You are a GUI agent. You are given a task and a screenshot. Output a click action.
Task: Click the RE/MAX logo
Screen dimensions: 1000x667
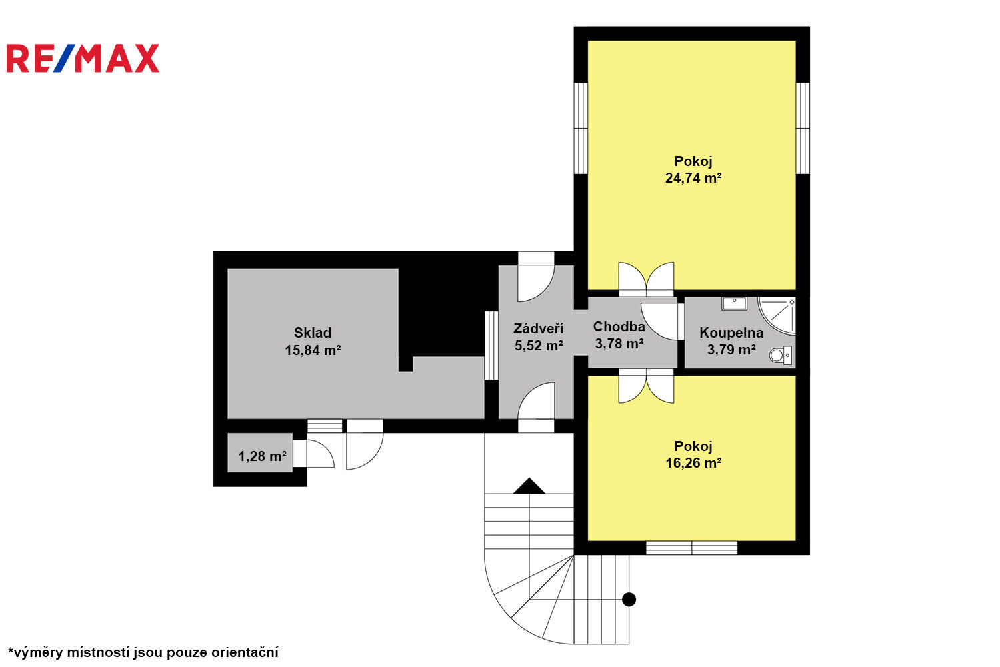pyautogui.click(x=83, y=58)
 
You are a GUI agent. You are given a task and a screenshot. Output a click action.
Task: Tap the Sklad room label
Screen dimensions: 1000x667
pyautogui.click(x=313, y=333)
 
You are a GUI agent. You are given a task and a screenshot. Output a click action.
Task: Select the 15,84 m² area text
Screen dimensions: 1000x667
pyautogui.click(x=313, y=350)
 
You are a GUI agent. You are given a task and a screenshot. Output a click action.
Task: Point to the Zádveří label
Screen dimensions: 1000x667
pyautogui.click(x=539, y=329)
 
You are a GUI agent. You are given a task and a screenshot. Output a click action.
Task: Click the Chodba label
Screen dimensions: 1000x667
pyautogui.click(x=619, y=327)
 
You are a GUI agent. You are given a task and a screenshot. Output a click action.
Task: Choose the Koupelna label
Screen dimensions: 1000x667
pyautogui.click(x=731, y=333)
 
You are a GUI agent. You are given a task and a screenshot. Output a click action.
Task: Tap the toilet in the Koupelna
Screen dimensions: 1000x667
pyautogui.click(x=781, y=355)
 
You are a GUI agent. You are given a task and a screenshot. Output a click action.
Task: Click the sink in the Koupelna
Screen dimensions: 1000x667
pyautogui.click(x=735, y=303)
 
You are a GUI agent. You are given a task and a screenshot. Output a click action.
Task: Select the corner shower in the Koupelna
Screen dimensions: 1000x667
pyautogui.click(x=777, y=315)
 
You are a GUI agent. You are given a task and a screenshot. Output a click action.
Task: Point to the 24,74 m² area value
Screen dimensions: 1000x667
pyautogui.click(x=693, y=178)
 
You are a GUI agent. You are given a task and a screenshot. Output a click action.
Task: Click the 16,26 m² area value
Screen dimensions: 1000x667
pyautogui.click(x=693, y=463)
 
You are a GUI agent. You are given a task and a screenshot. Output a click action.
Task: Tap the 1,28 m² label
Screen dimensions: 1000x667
pyautogui.click(x=263, y=456)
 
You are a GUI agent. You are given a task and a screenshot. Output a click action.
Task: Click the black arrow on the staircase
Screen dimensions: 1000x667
pyautogui.click(x=529, y=486)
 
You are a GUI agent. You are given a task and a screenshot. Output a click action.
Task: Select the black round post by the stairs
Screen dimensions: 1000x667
pyautogui.click(x=629, y=599)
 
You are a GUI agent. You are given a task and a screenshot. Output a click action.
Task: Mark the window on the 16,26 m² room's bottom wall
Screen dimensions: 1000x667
pyautogui.click(x=691, y=548)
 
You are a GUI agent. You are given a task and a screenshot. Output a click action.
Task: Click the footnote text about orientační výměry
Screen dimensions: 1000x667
pyautogui.click(x=143, y=652)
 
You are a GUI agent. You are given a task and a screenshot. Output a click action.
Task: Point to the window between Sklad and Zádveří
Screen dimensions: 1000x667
pyautogui.click(x=491, y=346)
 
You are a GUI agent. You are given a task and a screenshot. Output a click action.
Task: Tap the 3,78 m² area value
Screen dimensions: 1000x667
pyautogui.click(x=619, y=344)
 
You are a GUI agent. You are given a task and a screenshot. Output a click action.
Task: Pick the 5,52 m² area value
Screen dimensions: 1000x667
pyautogui.click(x=539, y=346)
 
